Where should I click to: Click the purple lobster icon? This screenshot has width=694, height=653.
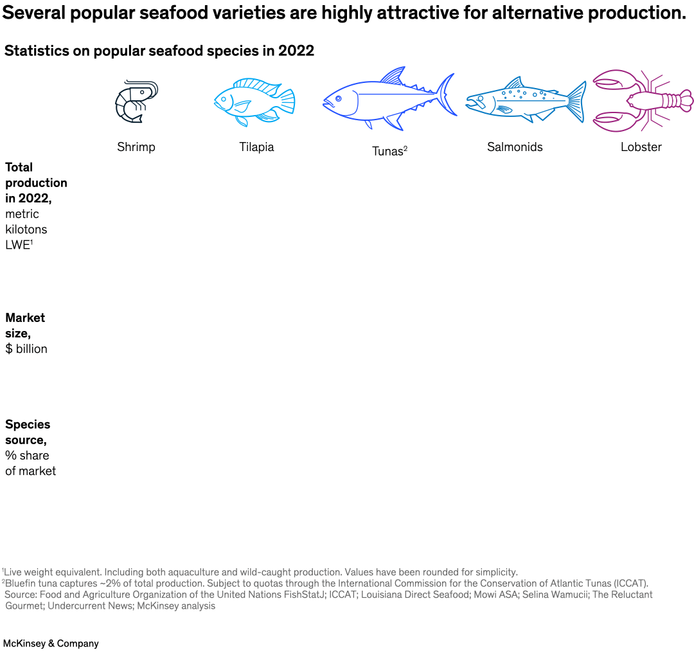pos(641,100)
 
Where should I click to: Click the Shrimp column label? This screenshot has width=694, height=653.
pos(136,147)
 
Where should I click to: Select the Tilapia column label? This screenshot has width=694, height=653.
pos(256,147)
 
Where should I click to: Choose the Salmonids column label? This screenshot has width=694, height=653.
pos(515,147)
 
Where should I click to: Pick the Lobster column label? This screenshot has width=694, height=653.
pos(641,147)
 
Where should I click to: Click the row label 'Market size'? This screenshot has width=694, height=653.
pos(25,325)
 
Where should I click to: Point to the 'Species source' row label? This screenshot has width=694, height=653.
pos(28,432)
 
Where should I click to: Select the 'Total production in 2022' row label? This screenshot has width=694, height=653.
pos(36,183)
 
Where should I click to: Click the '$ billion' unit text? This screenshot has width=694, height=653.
pos(26,349)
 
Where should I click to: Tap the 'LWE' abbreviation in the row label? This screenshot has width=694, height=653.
pos(17,245)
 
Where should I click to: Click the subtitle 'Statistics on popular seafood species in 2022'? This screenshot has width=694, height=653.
pos(159,51)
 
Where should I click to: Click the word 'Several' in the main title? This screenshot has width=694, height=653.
pos(39,13)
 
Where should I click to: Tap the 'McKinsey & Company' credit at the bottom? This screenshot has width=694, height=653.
pos(51,643)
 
